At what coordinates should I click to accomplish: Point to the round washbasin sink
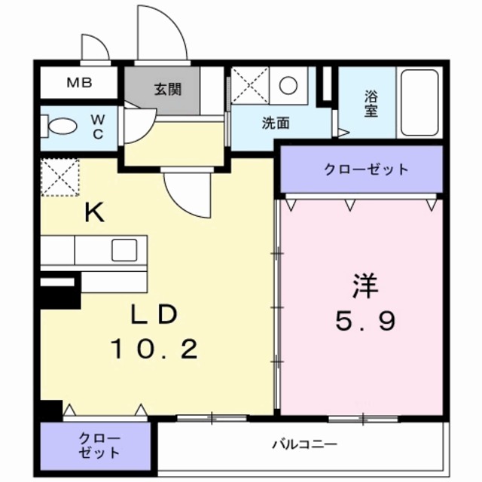288,85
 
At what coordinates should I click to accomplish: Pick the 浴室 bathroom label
371,103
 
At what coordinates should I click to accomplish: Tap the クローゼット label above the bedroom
361,169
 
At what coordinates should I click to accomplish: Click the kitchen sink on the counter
124,249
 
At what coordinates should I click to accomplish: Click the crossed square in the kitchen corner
59,178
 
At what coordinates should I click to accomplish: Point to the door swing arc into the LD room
188,192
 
